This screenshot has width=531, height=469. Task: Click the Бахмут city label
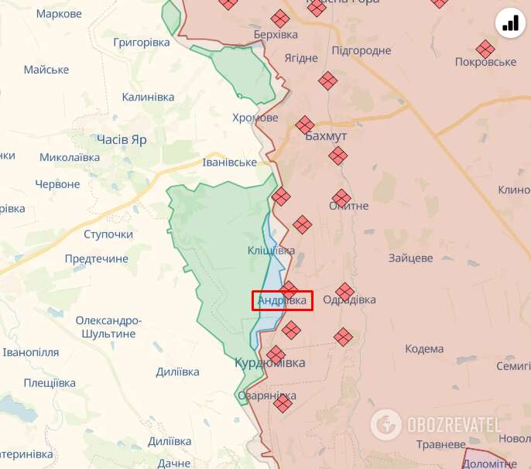[326, 136]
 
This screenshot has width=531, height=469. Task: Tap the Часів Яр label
[122, 139]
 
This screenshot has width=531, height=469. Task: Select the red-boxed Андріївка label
[283, 300]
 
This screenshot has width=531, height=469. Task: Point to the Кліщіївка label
[271, 251]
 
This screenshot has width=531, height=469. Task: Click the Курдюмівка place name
[270, 362]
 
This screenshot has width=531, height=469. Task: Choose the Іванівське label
[229, 162]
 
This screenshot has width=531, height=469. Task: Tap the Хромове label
[255, 118]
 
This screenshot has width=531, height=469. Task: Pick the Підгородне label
[361, 50]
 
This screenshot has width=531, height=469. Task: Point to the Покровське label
[485, 63]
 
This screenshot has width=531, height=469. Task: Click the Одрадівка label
[349, 300]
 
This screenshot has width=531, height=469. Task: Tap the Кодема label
[424, 349]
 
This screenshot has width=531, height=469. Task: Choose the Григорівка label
[142, 43]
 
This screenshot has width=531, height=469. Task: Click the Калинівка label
[148, 97]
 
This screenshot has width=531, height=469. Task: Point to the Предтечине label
[97, 258]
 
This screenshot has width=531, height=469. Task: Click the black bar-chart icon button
[510, 23]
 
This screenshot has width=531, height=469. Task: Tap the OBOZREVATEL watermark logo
[436, 424]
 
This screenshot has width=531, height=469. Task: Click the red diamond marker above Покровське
[485, 49]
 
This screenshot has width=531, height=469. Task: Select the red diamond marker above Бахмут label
[305, 125]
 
